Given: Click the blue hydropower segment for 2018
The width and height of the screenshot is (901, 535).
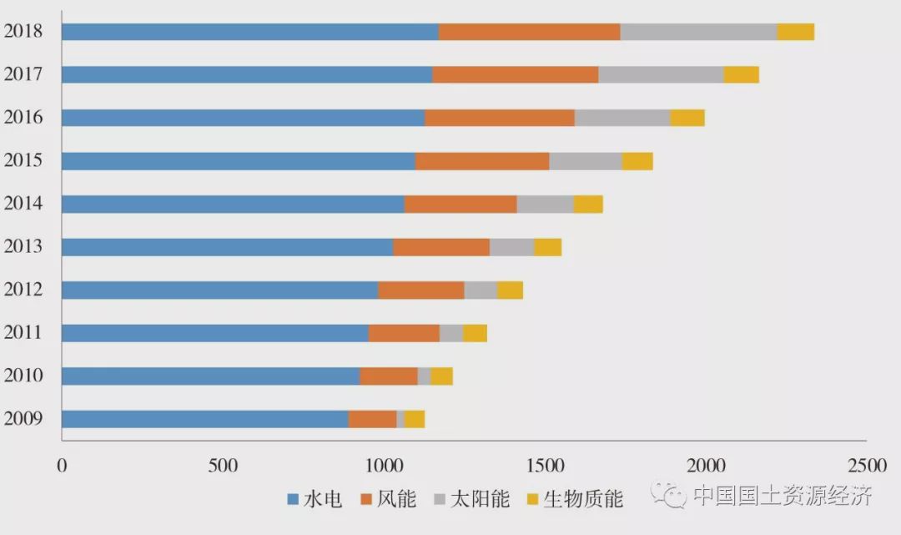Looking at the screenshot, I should pos(250,32).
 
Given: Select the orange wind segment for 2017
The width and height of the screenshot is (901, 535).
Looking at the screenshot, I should pos(515,74).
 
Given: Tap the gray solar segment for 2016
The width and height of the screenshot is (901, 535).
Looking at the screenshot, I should pos(622,118).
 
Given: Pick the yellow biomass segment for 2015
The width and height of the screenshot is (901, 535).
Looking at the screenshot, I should pos(637,161).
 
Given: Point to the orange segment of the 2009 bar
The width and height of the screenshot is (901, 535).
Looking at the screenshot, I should pos(372,419).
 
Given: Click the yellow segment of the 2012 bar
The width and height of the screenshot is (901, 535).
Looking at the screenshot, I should pos(510,290).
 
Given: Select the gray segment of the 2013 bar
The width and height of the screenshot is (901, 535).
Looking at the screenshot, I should pos(511,247).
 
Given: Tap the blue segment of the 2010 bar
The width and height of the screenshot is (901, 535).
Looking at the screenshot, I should pos(210,376).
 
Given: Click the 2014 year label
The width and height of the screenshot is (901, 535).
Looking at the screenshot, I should pos(23,204).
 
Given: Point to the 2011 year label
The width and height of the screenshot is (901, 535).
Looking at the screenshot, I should pos(23,333).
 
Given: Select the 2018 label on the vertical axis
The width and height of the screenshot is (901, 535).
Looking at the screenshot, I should pos(23,32).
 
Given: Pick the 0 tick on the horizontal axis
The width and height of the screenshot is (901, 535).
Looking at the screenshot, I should pos(62,465).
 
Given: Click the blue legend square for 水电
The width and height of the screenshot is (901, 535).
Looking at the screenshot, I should pos(293,500).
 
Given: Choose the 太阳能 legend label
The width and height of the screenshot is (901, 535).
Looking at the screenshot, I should pos(480,500).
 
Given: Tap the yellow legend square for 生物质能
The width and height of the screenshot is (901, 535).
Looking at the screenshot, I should pos(532,500).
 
